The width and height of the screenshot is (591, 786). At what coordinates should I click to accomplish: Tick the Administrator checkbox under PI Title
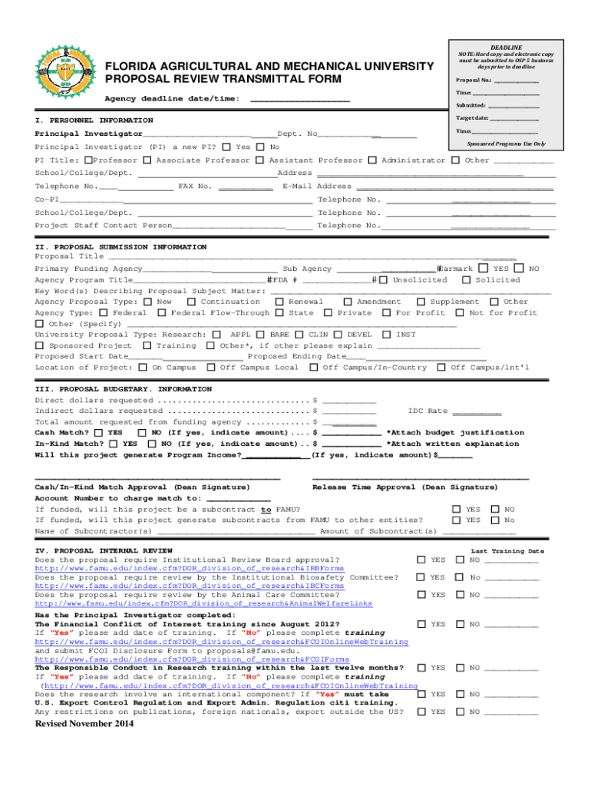point(372,160)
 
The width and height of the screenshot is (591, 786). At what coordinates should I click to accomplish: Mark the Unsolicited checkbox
point(384,280)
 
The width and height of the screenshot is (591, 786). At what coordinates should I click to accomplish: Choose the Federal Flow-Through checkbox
point(161,313)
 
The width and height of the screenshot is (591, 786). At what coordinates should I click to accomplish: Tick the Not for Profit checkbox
point(460,313)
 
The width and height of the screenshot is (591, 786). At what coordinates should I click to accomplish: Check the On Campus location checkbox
point(144,368)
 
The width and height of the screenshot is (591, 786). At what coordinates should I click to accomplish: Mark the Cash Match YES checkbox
point(99,433)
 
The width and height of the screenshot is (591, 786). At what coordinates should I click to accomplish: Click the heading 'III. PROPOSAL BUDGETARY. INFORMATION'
point(124,389)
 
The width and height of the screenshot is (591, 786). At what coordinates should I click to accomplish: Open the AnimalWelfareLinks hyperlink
point(203,603)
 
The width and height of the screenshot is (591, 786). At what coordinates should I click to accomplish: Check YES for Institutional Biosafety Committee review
point(421,577)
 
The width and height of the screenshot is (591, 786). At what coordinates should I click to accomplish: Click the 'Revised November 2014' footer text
point(79,725)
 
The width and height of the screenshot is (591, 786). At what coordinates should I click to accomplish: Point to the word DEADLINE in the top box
point(506,48)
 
